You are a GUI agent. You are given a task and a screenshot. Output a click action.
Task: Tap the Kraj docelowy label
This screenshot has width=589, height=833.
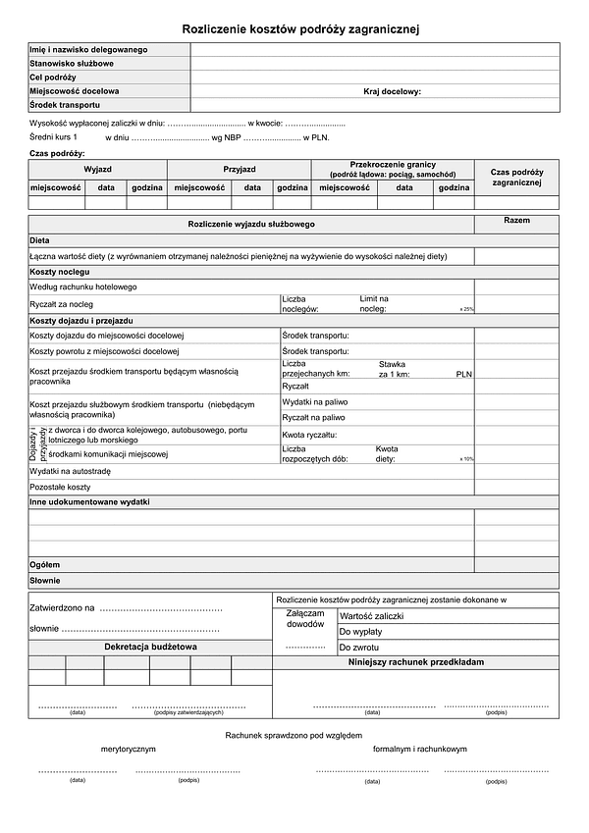coord(392,91)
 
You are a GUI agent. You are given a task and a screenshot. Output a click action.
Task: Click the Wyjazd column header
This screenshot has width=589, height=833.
coord(97,169)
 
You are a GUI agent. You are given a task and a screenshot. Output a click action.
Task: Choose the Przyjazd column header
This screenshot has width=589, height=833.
coord(240,169)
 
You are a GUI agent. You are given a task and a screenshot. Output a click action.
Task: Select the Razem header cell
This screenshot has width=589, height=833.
coord(516,221)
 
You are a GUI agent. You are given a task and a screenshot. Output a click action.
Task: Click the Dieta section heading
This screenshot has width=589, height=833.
coord(39,239)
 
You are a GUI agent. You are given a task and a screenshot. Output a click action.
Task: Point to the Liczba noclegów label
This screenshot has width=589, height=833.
coord(300,303)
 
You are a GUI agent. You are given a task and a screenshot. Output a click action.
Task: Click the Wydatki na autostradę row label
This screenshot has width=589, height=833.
coord(71,471)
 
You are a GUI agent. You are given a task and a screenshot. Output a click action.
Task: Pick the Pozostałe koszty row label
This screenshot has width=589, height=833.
coord(60,487)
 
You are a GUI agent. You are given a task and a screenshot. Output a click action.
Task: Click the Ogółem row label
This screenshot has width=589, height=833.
coord(45,565)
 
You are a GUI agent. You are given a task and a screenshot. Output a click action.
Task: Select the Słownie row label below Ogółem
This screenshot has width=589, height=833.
coord(45,581)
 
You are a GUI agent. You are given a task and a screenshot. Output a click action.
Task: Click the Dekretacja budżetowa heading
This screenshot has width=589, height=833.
coord(150,648)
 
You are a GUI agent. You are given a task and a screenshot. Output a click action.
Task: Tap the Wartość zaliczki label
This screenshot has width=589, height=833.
coord(372,616)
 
